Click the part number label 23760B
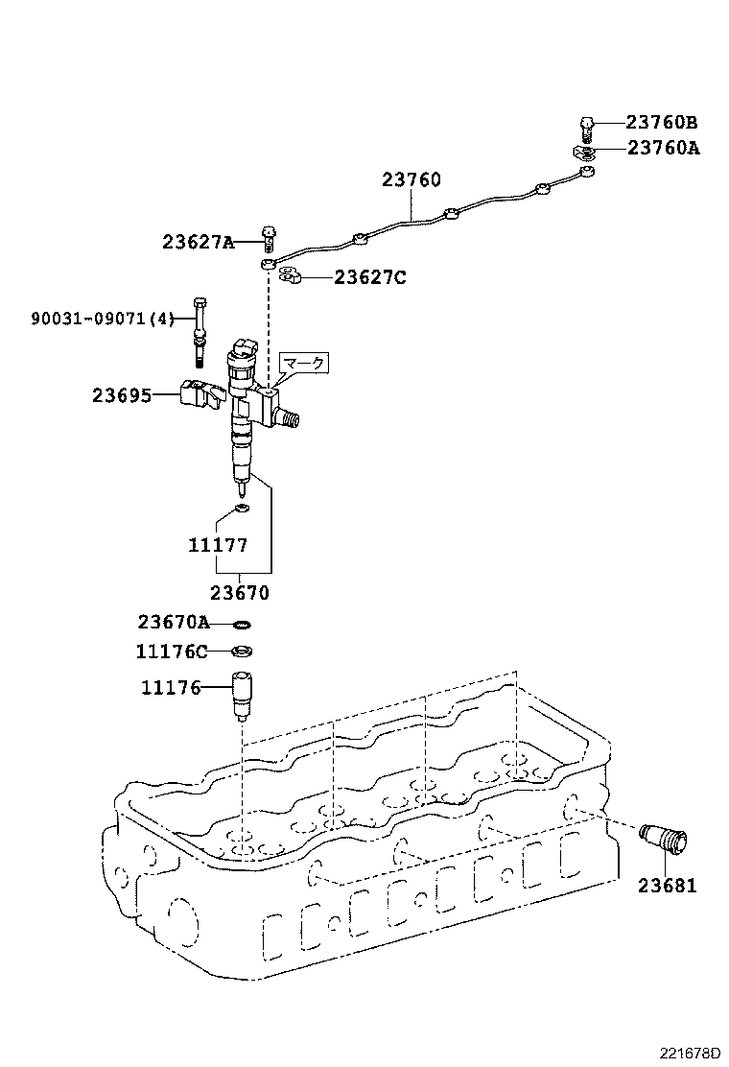coord(662,123)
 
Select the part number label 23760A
coord(664,148)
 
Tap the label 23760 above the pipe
coord(411,179)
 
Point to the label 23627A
coord(198,243)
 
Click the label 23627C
coord(370,277)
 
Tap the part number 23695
coord(122,394)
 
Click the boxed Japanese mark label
coord(303,363)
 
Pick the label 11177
coord(218,545)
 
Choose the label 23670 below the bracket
coord(240,593)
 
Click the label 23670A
coord(173,623)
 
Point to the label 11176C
coord(172,652)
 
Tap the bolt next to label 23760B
coord(587,126)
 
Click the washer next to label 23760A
coord(584,152)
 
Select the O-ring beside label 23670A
coord(243,624)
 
